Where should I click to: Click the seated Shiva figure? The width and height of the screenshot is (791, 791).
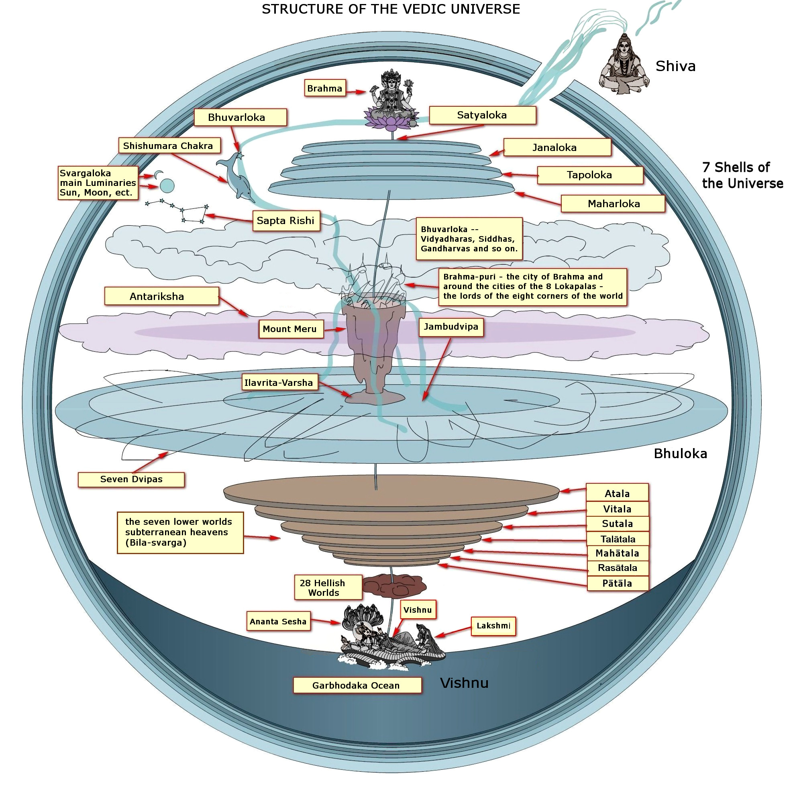click(623, 65)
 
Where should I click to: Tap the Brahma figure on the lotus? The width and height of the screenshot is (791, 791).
click(391, 98)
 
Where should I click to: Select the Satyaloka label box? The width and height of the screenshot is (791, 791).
click(482, 115)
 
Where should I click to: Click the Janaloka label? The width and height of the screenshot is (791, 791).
click(557, 147)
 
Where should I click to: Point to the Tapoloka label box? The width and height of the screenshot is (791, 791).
click(589, 175)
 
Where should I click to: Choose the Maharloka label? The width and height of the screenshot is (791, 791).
click(612, 204)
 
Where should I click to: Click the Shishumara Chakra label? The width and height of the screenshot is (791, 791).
click(169, 146)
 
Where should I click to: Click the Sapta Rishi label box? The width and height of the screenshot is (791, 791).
click(286, 221)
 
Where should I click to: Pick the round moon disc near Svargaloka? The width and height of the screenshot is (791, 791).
click(167, 186)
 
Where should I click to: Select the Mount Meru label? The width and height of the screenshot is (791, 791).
click(290, 329)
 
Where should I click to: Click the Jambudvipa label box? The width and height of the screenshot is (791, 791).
click(451, 327)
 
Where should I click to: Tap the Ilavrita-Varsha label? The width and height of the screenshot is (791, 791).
click(279, 382)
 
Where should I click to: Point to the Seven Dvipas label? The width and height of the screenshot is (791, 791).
click(131, 479)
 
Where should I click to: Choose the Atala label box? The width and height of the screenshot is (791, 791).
click(617, 493)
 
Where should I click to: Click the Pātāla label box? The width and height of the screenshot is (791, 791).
click(617, 583)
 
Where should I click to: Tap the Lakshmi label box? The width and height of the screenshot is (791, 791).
click(493, 626)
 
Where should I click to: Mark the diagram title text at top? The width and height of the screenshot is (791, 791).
click(391, 9)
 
